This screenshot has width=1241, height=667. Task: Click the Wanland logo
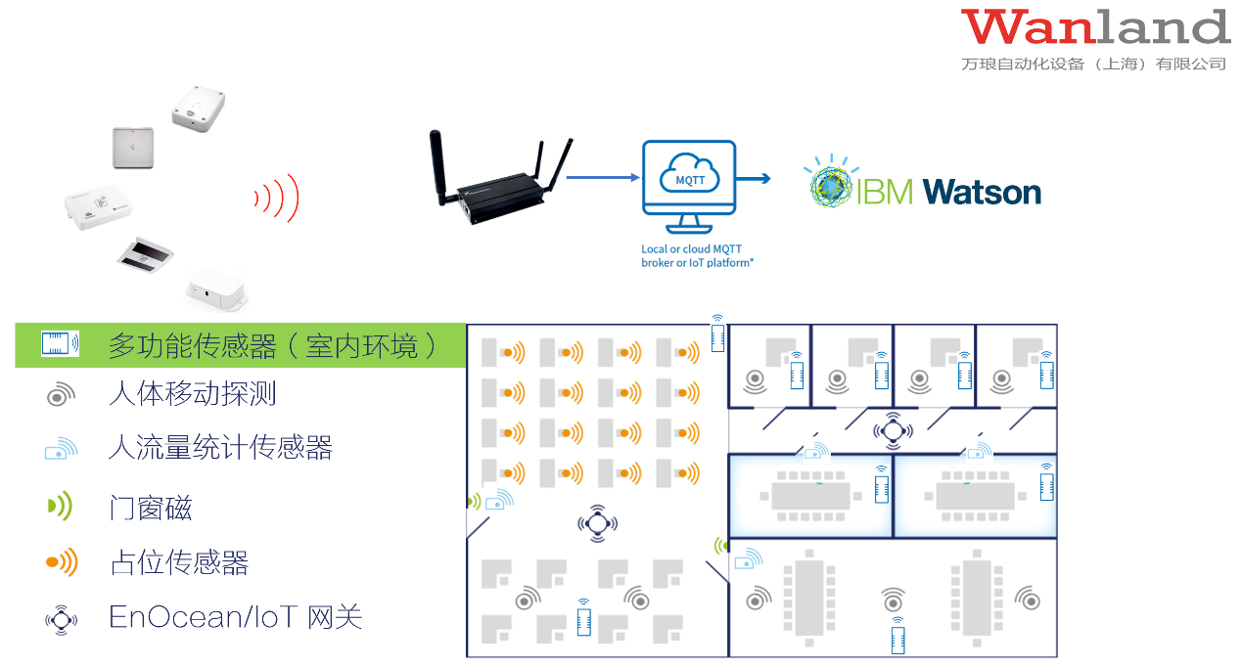1094,27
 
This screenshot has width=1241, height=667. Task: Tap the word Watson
982,191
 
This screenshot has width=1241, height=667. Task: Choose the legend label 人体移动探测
193,394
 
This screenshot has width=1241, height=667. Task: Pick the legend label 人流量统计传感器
220,448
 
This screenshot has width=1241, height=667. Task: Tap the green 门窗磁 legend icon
60,506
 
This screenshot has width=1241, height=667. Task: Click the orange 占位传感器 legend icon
61,562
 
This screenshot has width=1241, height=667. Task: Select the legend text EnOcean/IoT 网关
236,617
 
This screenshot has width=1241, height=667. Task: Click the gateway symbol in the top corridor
892,428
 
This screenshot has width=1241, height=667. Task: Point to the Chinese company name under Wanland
1093,64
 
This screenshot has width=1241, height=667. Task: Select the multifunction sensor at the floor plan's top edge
717,334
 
